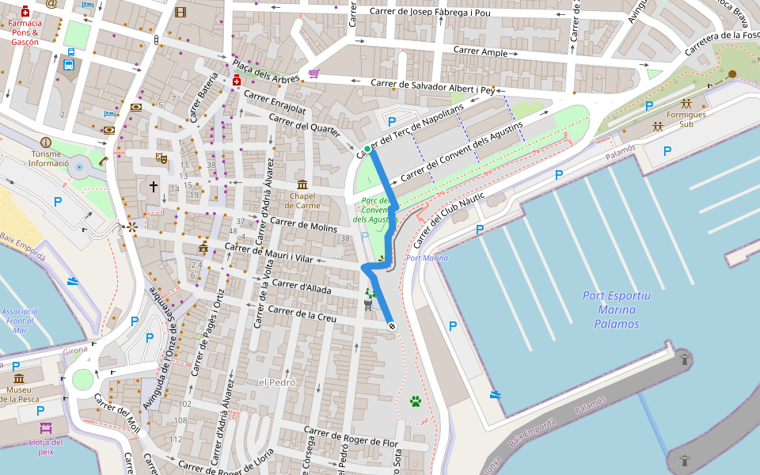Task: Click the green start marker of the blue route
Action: [367, 149]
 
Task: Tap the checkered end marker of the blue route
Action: [391, 326]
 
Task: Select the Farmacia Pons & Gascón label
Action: [25, 32]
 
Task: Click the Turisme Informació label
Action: [48, 158]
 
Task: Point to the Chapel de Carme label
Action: [303, 200]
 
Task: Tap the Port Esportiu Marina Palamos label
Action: [617, 310]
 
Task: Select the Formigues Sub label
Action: [686, 119]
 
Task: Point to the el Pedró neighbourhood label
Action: [277, 382]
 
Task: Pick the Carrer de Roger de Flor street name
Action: [352, 437]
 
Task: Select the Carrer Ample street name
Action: [481, 51]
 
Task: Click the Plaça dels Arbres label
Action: [265, 71]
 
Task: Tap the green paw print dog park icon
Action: [416, 401]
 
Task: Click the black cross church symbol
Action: [154, 187]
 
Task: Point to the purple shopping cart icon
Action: [313, 74]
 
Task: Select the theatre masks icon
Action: [161, 158]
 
